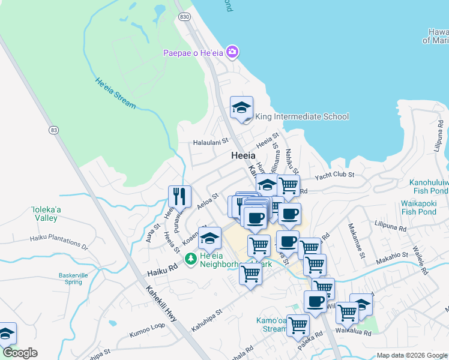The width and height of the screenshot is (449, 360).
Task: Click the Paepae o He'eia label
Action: click(193, 53)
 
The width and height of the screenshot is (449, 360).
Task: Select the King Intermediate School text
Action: click(302, 116)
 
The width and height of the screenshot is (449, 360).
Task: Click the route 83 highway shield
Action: click(55, 130)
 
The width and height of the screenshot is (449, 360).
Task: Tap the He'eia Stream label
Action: click(115, 93)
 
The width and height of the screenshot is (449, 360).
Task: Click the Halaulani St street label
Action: click(211, 142)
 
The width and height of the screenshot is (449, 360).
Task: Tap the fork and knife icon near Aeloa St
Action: click(179, 195)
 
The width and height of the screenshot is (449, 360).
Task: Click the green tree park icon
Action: click(191, 259)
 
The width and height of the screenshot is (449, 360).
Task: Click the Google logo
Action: click(20, 353)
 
